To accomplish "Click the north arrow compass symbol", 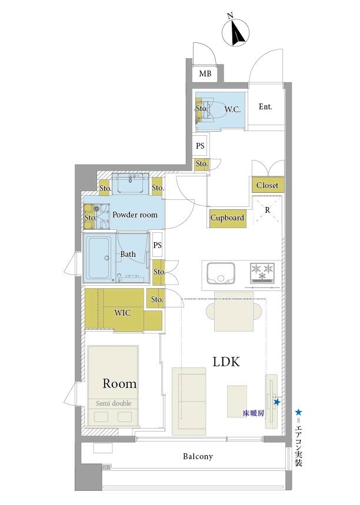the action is click(236, 32).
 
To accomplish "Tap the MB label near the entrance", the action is click(205, 73).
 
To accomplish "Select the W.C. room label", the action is click(232, 109).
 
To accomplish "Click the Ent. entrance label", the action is click(265, 106).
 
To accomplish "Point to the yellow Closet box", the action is click(268, 185).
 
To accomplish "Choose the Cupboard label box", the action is click(227, 218).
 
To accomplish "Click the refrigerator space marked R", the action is click(268, 210).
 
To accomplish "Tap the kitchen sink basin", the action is click(221, 273).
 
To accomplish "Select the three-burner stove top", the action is click(262, 273).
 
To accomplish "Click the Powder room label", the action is click(135, 215).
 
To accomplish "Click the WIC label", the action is click(122, 312).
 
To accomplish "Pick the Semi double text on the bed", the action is click(114, 403).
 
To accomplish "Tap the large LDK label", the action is click(226, 362).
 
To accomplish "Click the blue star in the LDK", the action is click(276, 402).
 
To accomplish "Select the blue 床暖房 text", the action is click(254, 413).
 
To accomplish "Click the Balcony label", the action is click(198, 456).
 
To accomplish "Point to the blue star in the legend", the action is click(299, 412).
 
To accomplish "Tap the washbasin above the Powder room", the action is click(131, 184).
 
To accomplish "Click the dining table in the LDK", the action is click(234, 312).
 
